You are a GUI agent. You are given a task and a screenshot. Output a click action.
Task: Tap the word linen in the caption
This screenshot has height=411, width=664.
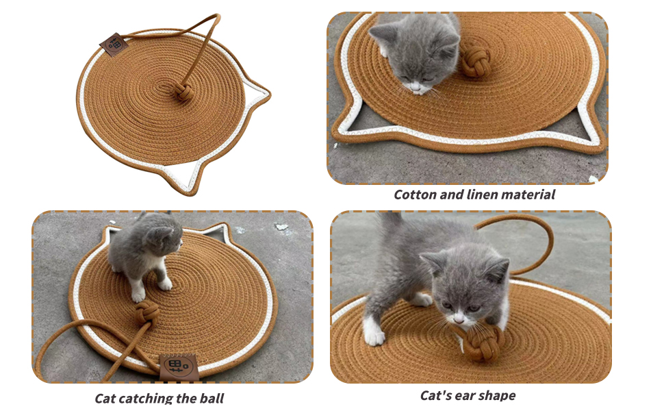[481, 195]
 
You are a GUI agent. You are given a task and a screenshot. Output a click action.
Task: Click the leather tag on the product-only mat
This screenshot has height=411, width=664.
[114, 44]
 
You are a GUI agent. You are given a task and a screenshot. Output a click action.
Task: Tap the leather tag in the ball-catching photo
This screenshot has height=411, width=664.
[179, 367]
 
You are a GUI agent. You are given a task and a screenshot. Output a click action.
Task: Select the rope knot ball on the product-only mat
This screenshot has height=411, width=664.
[183, 91]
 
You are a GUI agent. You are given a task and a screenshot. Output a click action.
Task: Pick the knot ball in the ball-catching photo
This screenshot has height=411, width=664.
[147, 314]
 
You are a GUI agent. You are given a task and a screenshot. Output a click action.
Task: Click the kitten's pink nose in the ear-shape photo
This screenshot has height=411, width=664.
[459, 316]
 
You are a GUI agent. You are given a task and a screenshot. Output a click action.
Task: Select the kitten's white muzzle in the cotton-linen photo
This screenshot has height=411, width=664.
[417, 88]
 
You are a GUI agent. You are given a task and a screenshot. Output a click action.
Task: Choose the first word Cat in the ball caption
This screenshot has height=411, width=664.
[105, 398]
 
